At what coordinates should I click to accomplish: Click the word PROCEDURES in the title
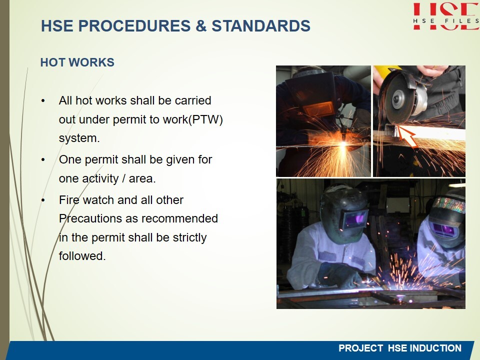coord(134,25)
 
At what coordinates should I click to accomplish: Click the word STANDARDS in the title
coord(261,25)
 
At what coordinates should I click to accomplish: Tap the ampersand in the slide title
coord(201,25)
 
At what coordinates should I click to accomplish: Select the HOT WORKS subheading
coord(77,62)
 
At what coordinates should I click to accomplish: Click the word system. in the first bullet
coord(79,138)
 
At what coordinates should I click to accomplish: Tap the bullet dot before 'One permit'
coord(43,160)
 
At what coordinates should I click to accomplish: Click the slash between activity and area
coord(123,178)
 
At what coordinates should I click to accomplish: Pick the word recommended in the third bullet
coord(179,218)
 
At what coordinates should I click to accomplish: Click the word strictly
coord(189,237)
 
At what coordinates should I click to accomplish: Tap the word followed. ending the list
coord(82,256)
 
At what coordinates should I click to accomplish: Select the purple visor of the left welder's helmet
coord(355,219)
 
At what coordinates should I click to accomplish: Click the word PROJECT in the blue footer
coord(360,348)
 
